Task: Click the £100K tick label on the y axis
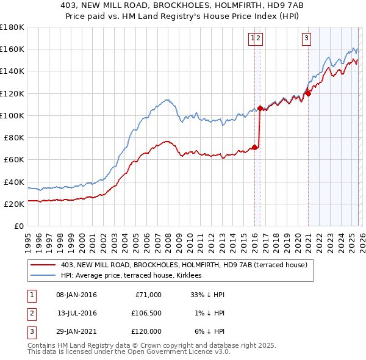coord(12,115)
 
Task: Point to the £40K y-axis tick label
coord(13,182)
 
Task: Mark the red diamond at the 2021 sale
coord(308,93)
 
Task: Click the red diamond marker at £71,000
coord(254,147)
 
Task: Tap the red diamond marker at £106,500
coord(260,108)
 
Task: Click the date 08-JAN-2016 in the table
coord(76,295)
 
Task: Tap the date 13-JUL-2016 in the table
coord(76,313)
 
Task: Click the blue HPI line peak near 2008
coord(166,99)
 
